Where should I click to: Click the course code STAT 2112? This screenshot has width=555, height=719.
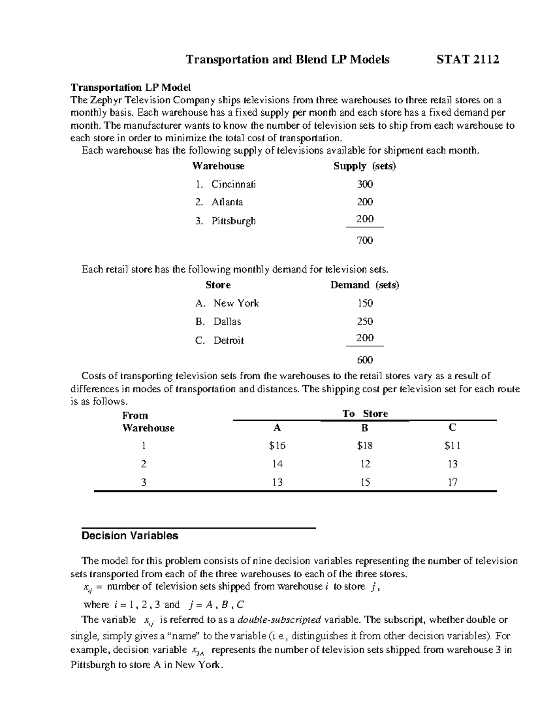click(x=468, y=59)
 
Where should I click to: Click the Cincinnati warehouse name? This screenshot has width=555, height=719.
click(x=233, y=184)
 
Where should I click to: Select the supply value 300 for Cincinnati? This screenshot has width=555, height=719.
click(x=364, y=184)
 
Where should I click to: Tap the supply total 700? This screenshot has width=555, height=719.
click(x=364, y=240)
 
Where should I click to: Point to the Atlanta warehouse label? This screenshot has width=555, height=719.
click(x=227, y=202)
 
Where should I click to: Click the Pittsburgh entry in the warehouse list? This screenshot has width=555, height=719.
click(x=233, y=221)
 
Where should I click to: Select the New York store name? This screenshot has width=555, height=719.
click(x=236, y=303)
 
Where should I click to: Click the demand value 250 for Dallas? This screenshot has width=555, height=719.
click(x=364, y=321)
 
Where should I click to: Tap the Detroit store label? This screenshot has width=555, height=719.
click(x=228, y=340)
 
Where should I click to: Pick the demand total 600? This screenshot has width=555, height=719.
click(x=364, y=360)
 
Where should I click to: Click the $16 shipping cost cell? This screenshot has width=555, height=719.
click(x=277, y=446)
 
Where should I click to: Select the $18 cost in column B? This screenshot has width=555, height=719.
click(x=364, y=446)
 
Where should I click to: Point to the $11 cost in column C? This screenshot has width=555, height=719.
click(x=452, y=446)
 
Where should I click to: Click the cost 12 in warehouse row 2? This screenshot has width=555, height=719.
click(x=365, y=464)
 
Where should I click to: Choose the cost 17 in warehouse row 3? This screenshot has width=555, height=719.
click(x=452, y=482)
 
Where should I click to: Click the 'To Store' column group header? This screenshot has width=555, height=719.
click(x=365, y=413)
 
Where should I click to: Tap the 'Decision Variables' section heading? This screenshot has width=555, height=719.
click(x=129, y=536)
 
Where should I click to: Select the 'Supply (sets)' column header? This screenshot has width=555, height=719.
click(x=364, y=166)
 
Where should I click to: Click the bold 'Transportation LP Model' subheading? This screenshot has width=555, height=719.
click(x=130, y=88)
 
